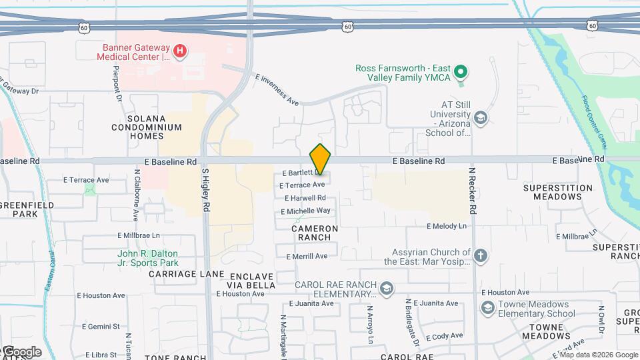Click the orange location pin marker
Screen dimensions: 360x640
pyautogui.click(x=321, y=159)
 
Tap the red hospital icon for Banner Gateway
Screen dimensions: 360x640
pyautogui.click(x=179, y=50)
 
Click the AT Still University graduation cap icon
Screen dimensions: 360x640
pyautogui.click(x=480, y=119)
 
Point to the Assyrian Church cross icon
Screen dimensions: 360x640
pyautogui.click(x=481, y=255)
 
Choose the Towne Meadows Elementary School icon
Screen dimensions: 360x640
pyautogui.click(x=487, y=307)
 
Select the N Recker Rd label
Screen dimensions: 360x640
pyautogui.click(x=473, y=191)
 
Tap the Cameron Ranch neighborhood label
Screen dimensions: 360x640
pyautogui.click(x=315, y=233)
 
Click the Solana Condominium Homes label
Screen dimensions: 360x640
pyautogui.click(x=147, y=127)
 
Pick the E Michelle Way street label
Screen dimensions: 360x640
pyautogui.click(x=307, y=211)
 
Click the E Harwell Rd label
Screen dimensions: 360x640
pyautogui.click(x=305, y=198)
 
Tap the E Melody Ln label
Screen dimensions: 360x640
pyautogui.click(x=447, y=227)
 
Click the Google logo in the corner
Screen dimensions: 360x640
pyautogui.click(x=21, y=352)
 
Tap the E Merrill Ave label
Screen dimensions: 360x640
pyautogui.click(x=307, y=257)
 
